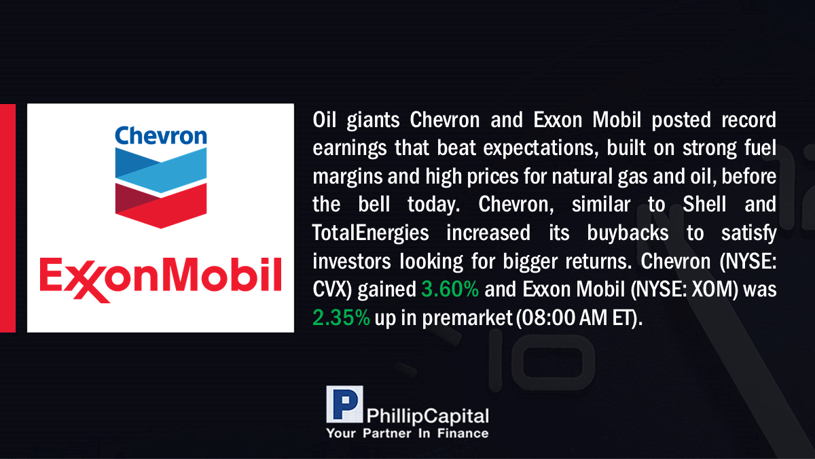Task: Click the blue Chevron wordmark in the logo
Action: coord(161,135)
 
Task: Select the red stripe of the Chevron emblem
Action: coord(161,205)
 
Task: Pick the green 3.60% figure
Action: coord(450,290)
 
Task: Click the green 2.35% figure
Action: coord(341,318)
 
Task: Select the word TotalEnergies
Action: coord(370,233)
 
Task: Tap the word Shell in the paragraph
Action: coord(704,204)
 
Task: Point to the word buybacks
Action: coord(628,233)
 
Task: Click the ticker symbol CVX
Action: coord(329,290)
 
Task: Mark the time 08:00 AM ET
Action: coord(577,318)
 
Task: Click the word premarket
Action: coord(467,318)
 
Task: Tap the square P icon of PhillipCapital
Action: coord(344,404)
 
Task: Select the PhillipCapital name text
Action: coord(427,416)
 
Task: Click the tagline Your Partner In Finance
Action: coord(407,433)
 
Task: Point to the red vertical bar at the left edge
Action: coord(7,218)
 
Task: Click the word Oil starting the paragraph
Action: coord(325,120)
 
